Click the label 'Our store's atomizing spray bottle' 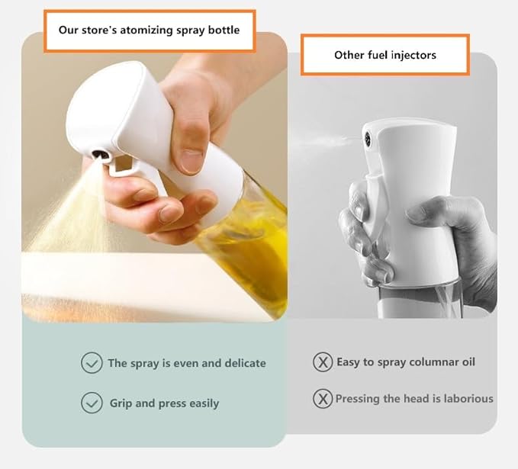[150, 31]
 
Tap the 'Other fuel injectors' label [384, 55]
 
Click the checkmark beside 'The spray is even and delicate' [92, 363]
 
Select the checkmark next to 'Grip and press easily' [92, 403]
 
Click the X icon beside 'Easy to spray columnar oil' [323, 361]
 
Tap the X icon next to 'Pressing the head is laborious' [323, 398]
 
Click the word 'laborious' [465, 398]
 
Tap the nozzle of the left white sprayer [98, 155]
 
